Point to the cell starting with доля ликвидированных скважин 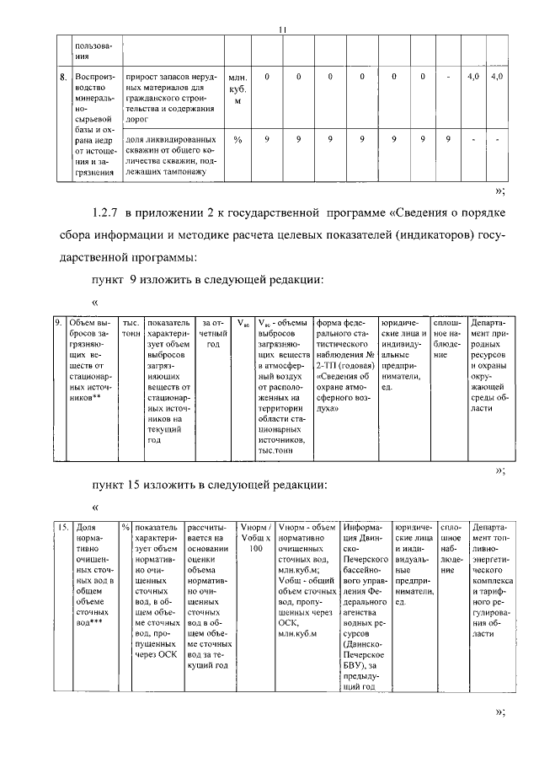pos(171,156)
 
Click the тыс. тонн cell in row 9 pos(131,328)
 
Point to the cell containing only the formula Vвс pos(242,323)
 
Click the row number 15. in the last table pos(62,527)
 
